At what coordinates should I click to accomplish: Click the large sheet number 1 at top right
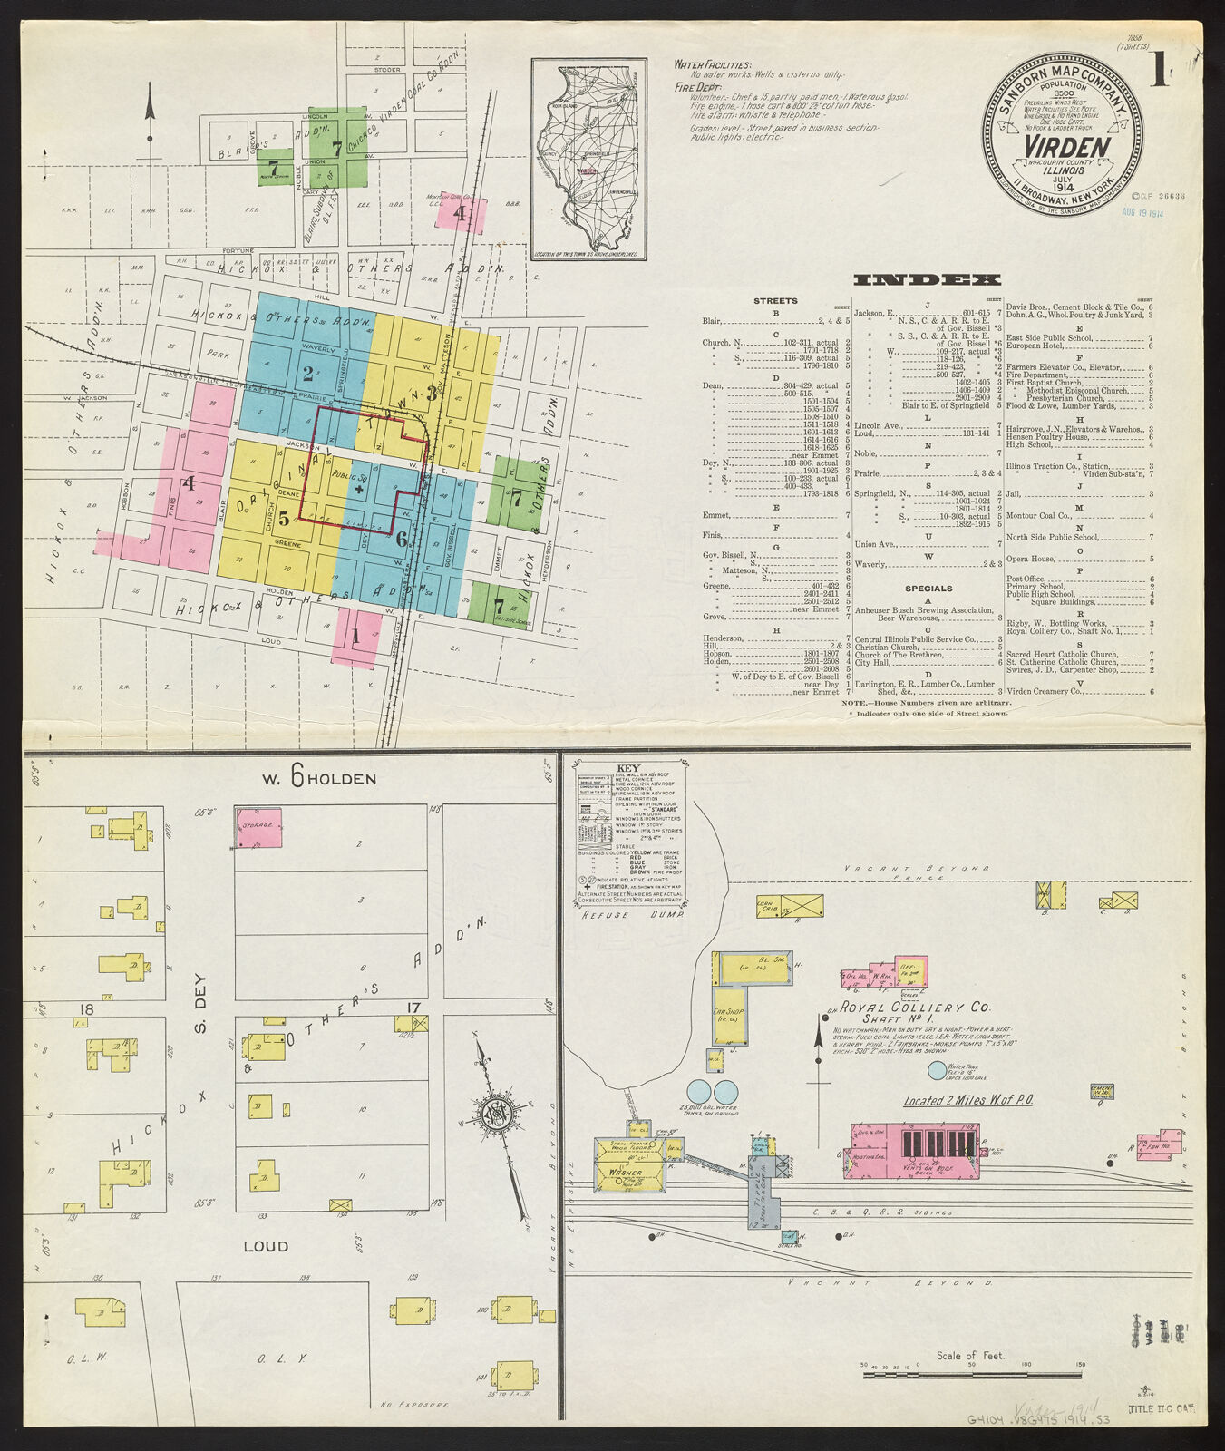[x=1159, y=72]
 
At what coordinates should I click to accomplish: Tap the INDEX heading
[x=927, y=279]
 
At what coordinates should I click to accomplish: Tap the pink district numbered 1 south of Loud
[x=355, y=637]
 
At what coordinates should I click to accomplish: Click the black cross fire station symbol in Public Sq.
[x=360, y=488]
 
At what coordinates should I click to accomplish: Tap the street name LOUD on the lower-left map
[x=267, y=1246]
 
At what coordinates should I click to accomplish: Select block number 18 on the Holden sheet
[x=87, y=1009]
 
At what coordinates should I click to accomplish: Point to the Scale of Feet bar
[x=973, y=1375]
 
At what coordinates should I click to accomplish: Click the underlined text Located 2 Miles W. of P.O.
[x=968, y=1100]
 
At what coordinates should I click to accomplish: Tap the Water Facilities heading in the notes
[x=713, y=65]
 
